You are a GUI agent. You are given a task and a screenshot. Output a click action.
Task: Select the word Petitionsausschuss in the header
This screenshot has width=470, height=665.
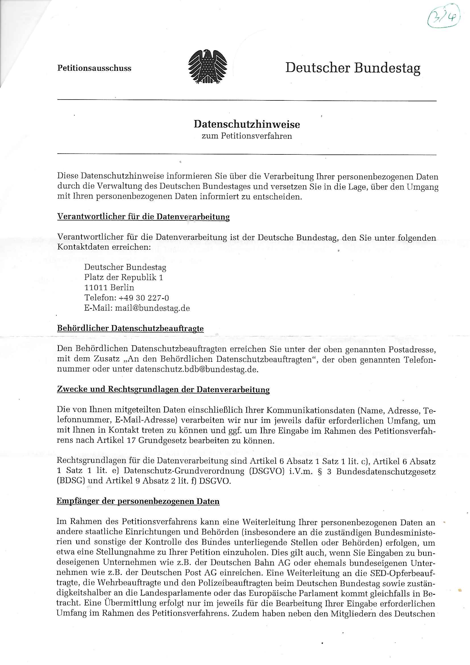coord(94,68)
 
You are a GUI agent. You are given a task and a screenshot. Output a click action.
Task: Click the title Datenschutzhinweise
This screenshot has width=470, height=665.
coord(247,124)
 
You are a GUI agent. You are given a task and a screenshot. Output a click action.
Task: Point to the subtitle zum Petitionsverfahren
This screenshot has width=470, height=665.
coord(247,136)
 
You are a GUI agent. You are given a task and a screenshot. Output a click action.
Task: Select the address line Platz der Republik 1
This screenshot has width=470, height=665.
coord(124,278)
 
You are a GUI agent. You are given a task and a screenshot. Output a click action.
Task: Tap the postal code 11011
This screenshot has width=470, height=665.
coord(96,288)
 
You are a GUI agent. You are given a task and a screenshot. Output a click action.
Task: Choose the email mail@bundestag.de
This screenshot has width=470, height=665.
coord(152,308)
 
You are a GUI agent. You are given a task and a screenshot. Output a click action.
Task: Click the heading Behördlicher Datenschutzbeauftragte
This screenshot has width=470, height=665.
coord(130,329)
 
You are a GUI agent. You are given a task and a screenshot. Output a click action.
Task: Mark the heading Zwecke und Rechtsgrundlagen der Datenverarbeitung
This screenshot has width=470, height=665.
coord(163,390)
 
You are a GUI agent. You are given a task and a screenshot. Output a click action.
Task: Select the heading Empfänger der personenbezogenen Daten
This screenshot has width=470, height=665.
coord(138,501)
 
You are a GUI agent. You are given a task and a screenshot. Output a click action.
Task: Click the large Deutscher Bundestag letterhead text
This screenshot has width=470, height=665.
coord(353,68)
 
